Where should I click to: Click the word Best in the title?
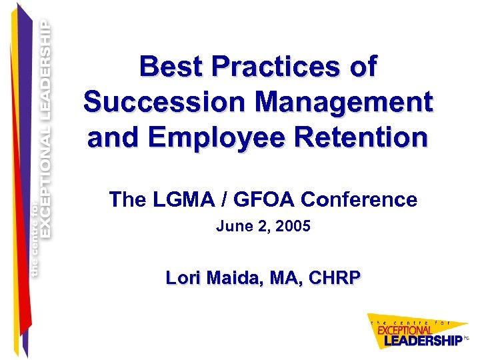pyautogui.click(x=169, y=67)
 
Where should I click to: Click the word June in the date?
pyautogui.click(x=230, y=227)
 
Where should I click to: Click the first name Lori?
pyautogui.click(x=181, y=278)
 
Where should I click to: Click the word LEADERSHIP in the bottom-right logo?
pyautogui.click(x=421, y=340)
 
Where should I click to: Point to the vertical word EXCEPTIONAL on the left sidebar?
pyautogui.click(x=45, y=180)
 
